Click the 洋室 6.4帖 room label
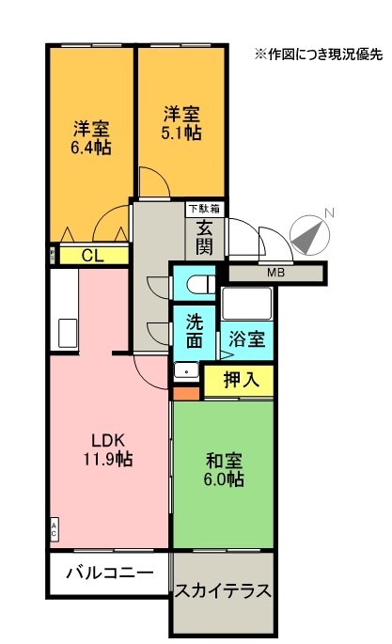click(x=91, y=138)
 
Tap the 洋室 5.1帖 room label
click(x=181, y=123)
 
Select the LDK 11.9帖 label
click(x=108, y=449)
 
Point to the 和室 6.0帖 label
click(x=224, y=469)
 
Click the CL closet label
click(x=93, y=256)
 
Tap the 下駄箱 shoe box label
click(x=204, y=209)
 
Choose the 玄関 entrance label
click(x=204, y=237)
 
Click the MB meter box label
click(x=275, y=272)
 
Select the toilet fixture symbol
click(x=201, y=284)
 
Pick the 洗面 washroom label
click(x=195, y=332)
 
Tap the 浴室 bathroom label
click(x=246, y=339)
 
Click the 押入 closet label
click(x=242, y=380)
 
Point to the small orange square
click(x=186, y=394)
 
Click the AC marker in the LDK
click(x=54, y=530)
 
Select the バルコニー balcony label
click(x=110, y=573)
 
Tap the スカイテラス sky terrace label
click(x=224, y=591)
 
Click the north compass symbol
click(x=309, y=235)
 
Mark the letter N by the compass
click(x=329, y=212)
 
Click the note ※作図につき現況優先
click(x=319, y=55)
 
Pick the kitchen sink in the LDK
click(x=68, y=333)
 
